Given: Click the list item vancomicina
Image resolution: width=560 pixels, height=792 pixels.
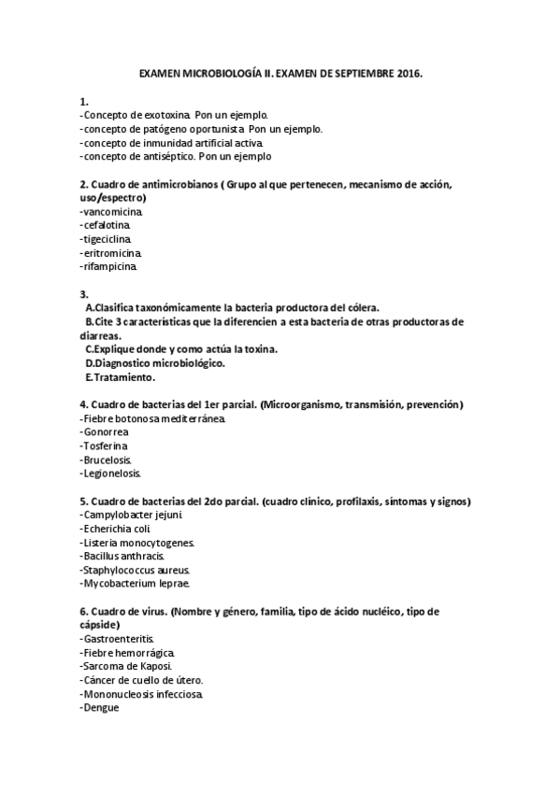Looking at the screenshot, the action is tap(112, 211).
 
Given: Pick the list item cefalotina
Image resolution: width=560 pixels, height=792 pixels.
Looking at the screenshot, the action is tap(107, 225).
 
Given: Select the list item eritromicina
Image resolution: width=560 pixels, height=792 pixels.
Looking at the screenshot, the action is tap(112, 253).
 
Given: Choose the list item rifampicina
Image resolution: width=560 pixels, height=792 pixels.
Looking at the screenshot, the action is tap(110, 267).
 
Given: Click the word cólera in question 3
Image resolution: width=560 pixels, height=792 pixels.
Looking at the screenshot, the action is tap(370, 307).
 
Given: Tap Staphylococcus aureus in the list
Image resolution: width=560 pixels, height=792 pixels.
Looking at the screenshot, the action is tap(136, 571).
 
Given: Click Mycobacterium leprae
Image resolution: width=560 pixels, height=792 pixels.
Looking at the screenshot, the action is tap(136, 585).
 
